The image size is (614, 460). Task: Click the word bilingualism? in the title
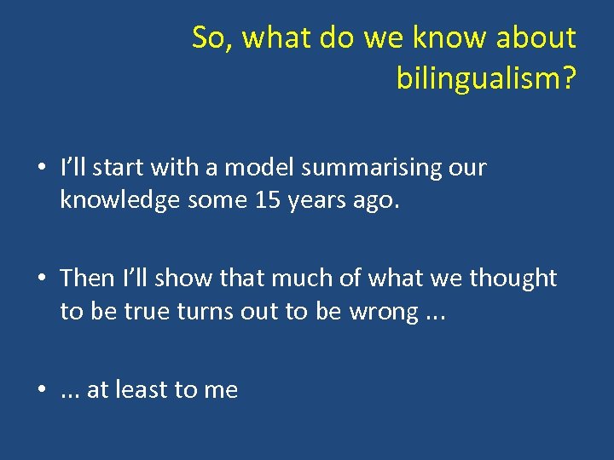pos(486,78)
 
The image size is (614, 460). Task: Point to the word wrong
pos(383,312)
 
